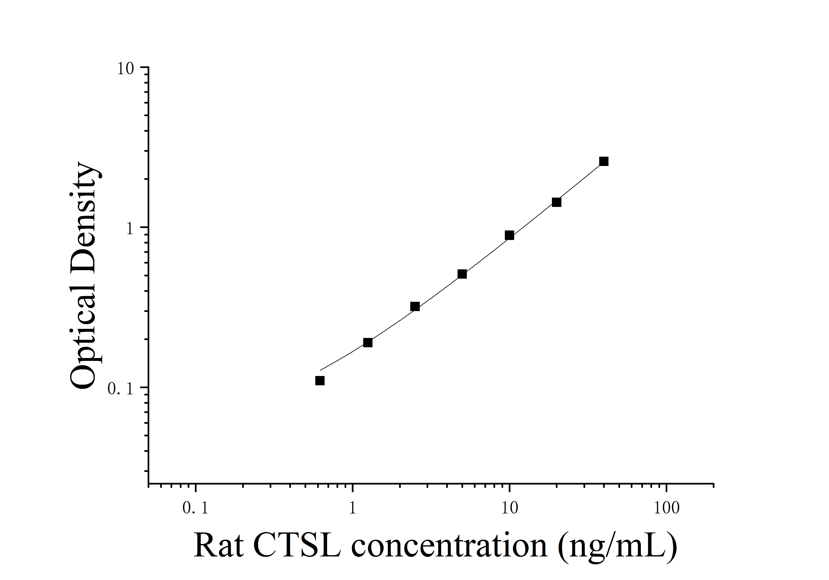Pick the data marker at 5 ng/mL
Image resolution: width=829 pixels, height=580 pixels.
pyautogui.click(x=462, y=274)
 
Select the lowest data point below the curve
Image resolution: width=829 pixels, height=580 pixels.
pyautogui.click(x=320, y=381)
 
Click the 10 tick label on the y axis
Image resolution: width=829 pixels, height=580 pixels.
pyautogui.click(x=125, y=69)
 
